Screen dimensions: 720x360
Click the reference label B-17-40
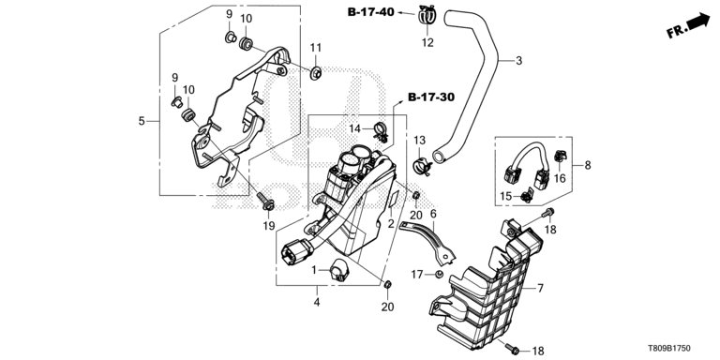tap(370, 12)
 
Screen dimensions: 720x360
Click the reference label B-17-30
tap(431, 97)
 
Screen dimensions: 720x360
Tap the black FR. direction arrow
tap(697, 22)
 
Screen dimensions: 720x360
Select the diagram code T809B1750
tap(669, 349)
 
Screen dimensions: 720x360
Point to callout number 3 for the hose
tap(518, 61)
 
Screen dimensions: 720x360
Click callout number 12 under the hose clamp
tap(427, 43)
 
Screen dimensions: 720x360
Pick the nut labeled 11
tap(315, 73)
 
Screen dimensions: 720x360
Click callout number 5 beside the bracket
tap(142, 121)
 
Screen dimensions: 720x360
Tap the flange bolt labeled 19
tap(265, 202)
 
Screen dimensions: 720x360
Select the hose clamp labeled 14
tap(381, 131)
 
